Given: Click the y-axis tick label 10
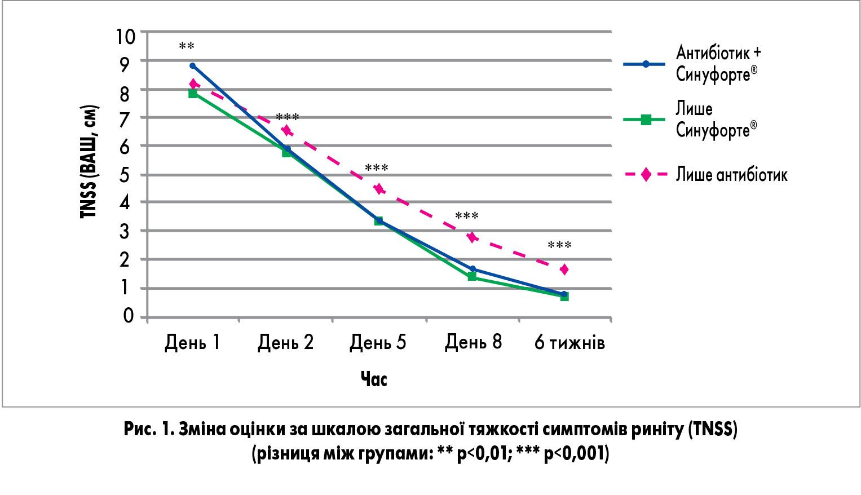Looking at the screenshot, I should (x=126, y=36).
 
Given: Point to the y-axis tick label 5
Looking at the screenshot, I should (x=125, y=175).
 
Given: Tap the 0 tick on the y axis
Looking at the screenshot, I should (x=129, y=316).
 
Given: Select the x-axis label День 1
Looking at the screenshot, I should (x=192, y=342).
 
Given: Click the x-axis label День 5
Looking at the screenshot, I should (x=378, y=342).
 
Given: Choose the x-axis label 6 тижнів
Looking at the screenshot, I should (x=569, y=342).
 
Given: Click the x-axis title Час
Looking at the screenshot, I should (x=374, y=379).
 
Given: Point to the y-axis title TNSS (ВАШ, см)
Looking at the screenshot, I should (x=89, y=162).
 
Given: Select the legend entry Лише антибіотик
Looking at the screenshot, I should (x=731, y=175).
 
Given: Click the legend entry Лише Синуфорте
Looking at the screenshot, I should (x=716, y=120).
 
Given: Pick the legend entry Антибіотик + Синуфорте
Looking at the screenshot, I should (x=718, y=63).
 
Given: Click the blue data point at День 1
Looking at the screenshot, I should (x=192, y=65).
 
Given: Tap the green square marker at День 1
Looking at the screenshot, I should (x=193, y=94).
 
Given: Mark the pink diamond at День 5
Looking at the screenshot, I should (x=379, y=189).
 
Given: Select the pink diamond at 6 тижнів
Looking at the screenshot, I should (x=564, y=269).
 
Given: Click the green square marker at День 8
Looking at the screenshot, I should (x=472, y=276).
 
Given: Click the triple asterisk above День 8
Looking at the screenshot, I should (x=467, y=216).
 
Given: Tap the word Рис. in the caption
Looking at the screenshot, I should (x=139, y=429).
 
